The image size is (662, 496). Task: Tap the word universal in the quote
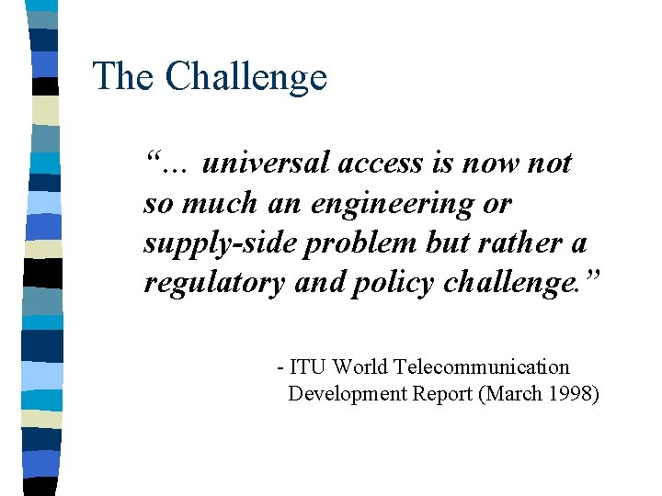(x=265, y=163)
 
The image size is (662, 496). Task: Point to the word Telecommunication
(x=482, y=367)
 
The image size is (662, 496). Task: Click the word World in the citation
(x=360, y=367)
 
